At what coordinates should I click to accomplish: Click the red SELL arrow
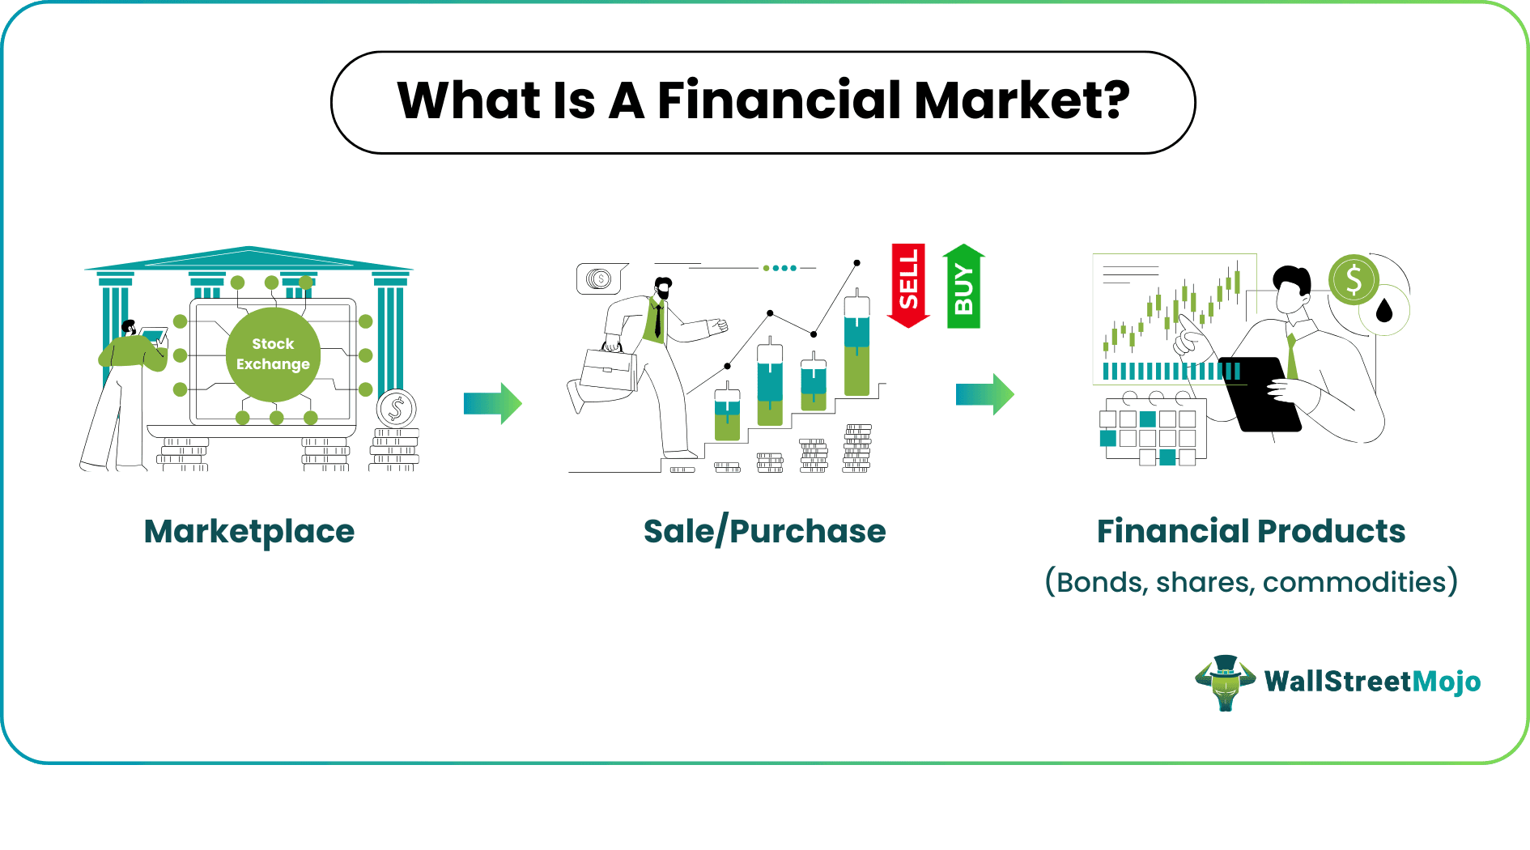click(908, 286)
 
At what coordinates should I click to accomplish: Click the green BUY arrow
click(963, 286)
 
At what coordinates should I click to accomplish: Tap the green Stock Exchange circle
click(273, 355)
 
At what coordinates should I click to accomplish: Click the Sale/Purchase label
click(765, 532)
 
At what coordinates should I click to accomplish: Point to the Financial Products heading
click(1251, 531)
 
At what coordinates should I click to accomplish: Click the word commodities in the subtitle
click(1354, 582)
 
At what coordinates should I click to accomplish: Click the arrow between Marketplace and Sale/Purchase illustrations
click(493, 403)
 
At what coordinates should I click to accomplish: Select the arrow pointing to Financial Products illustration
click(985, 394)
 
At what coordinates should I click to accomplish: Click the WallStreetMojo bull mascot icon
click(1226, 682)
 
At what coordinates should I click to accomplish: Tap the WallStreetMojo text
click(1372, 682)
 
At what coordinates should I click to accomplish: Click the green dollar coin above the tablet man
click(1354, 280)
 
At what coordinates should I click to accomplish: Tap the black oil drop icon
click(1384, 309)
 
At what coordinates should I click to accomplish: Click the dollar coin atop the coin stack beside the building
click(396, 409)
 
